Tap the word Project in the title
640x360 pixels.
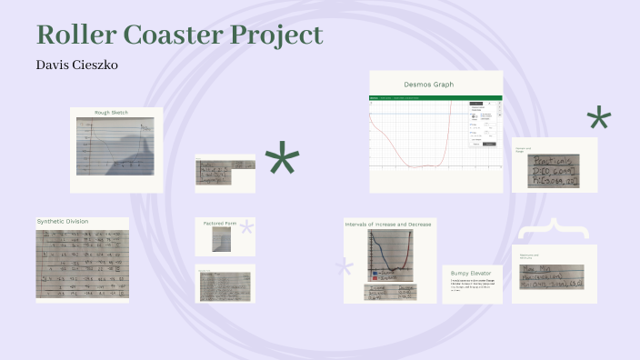coord(278,36)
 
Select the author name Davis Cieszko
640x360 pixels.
coord(77,65)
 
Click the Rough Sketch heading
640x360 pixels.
coord(115,113)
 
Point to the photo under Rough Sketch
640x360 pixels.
coord(115,146)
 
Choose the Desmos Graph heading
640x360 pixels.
coord(429,85)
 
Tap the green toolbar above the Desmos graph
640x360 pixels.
coord(435,97)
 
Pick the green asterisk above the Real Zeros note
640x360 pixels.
coord(598,120)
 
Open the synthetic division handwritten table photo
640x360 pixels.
coord(82,263)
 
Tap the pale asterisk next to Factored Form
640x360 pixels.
coord(246,227)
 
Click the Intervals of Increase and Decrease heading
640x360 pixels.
coord(388,223)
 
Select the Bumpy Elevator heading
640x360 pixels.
coord(471,273)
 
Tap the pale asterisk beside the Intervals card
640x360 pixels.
coord(344,267)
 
